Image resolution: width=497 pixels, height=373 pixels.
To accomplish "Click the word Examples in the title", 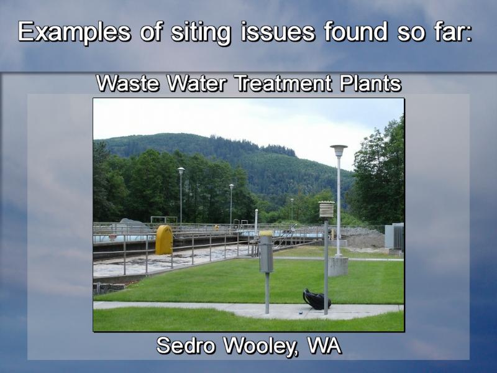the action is pyautogui.click(x=74, y=32).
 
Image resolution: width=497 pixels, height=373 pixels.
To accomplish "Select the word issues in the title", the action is pyautogui.click(x=278, y=32).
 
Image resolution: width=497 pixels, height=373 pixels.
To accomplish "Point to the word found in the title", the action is pyautogui.click(x=355, y=32).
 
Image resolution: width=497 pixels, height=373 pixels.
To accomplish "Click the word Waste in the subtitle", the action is pyautogui.click(x=127, y=83).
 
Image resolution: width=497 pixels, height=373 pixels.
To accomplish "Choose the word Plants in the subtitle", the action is pyautogui.click(x=370, y=83).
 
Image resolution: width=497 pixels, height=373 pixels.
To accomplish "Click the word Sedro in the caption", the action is pyautogui.click(x=186, y=346).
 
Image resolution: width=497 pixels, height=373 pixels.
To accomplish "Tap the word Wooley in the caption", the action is pyautogui.click(x=262, y=346).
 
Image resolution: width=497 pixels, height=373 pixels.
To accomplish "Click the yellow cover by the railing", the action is pyautogui.click(x=164, y=240).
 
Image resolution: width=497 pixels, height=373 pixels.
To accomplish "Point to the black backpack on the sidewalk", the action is pyautogui.click(x=316, y=299).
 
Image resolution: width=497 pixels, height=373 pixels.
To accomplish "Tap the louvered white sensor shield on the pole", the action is pyautogui.click(x=326, y=210).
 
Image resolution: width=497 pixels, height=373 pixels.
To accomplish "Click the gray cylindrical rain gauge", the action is pyautogui.click(x=267, y=252).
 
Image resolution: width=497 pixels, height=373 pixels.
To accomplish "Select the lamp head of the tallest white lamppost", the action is pyautogui.click(x=339, y=150).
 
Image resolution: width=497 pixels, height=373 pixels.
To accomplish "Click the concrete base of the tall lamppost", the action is pyautogui.click(x=338, y=266).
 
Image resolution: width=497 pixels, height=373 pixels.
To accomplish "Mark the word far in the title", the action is pyautogui.click(x=450, y=32).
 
